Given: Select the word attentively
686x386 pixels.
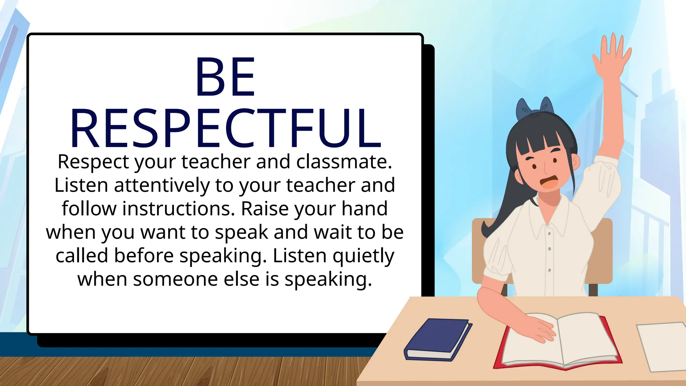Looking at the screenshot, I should pyautogui.click(x=162, y=185).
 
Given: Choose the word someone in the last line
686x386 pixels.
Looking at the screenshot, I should pyautogui.click(x=176, y=279).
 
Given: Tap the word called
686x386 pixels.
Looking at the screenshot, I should pyautogui.click(x=82, y=256).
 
